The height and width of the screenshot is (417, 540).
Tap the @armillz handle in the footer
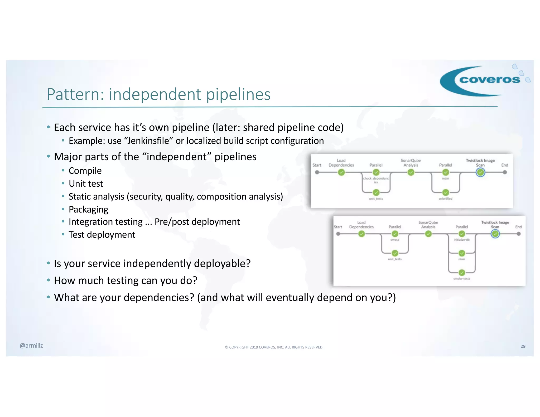[31, 346]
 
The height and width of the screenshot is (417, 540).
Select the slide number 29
[523, 346]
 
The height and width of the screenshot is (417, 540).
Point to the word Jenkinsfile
[148, 141]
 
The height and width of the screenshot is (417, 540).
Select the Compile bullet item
[85, 171]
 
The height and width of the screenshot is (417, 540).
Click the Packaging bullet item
[88, 209]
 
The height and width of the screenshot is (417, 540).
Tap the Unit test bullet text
[86, 184]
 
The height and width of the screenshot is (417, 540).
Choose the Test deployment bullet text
[102, 235]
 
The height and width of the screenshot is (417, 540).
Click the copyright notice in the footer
[274, 347]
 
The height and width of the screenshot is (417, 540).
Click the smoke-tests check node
[462, 272]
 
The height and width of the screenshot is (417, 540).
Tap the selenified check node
[446, 192]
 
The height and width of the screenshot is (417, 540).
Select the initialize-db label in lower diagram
[461, 240]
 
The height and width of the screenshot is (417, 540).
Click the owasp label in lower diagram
[395, 240]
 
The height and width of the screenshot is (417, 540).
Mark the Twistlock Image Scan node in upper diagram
[480, 172]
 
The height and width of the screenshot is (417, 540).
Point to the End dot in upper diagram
[505, 172]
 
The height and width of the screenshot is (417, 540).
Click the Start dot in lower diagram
[338, 234]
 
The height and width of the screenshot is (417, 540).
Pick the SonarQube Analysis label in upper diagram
[411, 163]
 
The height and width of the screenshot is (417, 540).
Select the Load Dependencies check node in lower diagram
[361, 234]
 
